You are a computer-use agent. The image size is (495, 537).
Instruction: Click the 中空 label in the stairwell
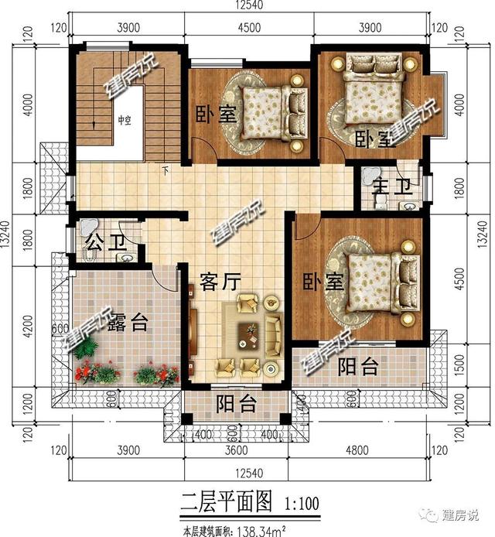(x=125, y=120)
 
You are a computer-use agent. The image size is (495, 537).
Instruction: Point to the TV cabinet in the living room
(x=194, y=333)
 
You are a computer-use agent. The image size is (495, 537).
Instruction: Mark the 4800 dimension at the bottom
(x=363, y=451)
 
